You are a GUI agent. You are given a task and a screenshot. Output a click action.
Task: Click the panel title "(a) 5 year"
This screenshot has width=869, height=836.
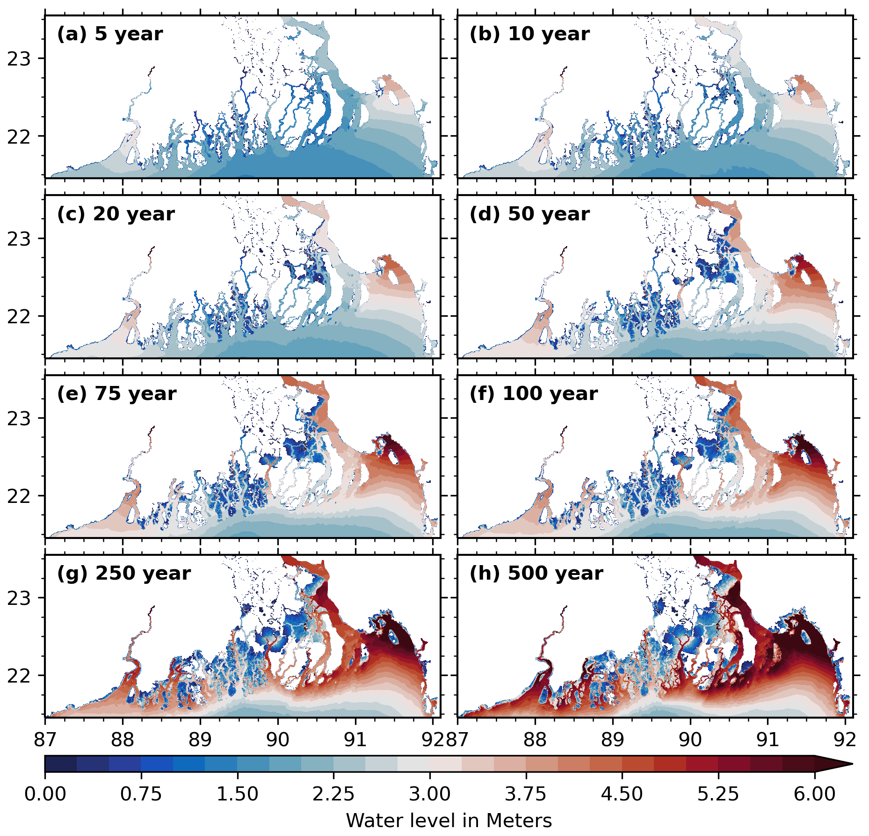pyautogui.click(x=110, y=34)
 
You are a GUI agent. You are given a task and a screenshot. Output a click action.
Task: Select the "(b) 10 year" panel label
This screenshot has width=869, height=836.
pyautogui.click(x=529, y=34)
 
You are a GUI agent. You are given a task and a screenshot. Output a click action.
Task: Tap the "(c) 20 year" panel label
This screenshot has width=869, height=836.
pyautogui.click(x=116, y=214)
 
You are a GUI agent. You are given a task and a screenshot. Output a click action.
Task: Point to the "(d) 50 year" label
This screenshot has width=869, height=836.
pyautogui.click(x=529, y=214)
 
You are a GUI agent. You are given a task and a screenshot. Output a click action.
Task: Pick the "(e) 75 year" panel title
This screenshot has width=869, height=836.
pyautogui.click(x=116, y=393)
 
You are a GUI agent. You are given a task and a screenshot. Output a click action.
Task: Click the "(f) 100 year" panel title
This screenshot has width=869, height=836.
pyautogui.click(x=534, y=393)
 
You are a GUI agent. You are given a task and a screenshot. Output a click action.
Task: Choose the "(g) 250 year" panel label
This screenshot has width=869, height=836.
pyautogui.click(x=123, y=573)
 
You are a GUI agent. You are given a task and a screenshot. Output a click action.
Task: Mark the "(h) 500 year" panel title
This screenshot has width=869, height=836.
pyautogui.click(x=536, y=573)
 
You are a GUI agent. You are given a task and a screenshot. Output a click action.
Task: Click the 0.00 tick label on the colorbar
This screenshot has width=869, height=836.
pyautogui.click(x=45, y=794)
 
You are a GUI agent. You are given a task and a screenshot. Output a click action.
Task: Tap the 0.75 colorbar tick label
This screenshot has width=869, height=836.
pyautogui.click(x=141, y=794)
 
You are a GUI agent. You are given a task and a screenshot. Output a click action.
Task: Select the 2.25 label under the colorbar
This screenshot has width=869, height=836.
pyautogui.click(x=333, y=794)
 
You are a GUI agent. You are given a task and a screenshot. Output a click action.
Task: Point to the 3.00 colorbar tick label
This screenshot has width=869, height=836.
pyautogui.click(x=429, y=794)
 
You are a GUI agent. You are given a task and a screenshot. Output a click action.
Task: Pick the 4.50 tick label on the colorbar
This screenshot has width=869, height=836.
pyautogui.click(x=622, y=794)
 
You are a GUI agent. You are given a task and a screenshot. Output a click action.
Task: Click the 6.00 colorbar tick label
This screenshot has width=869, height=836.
pyautogui.click(x=814, y=794)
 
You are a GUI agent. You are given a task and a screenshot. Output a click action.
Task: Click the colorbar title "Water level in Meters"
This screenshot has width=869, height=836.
pyautogui.click(x=449, y=821)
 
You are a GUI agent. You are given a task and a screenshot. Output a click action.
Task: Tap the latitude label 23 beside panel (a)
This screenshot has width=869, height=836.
pyautogui.click(x=19, y=59)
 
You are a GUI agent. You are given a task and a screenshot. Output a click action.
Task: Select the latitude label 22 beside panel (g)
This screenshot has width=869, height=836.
pyautogui.click(x=19, y=676)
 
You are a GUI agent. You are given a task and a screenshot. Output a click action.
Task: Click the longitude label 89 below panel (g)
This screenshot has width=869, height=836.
pyautogui.click(x=200, y=740)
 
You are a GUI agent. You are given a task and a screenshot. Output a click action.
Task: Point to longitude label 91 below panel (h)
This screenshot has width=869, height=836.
pyautogui.click(x=768, y=740)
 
